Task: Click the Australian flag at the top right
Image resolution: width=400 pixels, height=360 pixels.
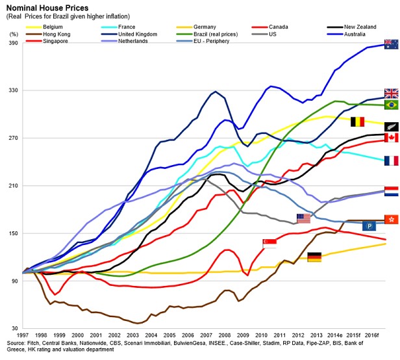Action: point(392,45)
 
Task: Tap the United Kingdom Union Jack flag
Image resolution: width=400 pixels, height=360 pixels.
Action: point(392,94)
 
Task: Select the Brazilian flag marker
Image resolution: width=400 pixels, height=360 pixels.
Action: point(392,105)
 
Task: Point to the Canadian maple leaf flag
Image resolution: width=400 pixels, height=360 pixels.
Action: point(392,138)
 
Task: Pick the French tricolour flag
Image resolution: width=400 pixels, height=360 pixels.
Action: point(392,161)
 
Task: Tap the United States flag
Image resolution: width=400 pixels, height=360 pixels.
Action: point(303,218)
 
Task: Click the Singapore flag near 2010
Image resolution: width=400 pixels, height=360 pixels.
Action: point(269,243)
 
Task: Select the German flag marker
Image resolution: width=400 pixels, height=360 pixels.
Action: point(314,257)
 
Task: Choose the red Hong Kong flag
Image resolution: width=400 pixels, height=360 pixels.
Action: point(392,220)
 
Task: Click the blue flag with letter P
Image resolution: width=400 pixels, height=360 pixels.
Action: point(369,225)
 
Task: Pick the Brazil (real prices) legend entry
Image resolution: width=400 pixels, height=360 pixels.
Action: point(214,34)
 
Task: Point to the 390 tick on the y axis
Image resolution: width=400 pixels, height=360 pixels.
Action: point(13,44)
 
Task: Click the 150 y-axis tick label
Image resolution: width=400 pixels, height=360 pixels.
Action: point(13,233)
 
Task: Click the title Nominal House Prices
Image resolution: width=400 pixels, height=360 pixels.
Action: point(42,7)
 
